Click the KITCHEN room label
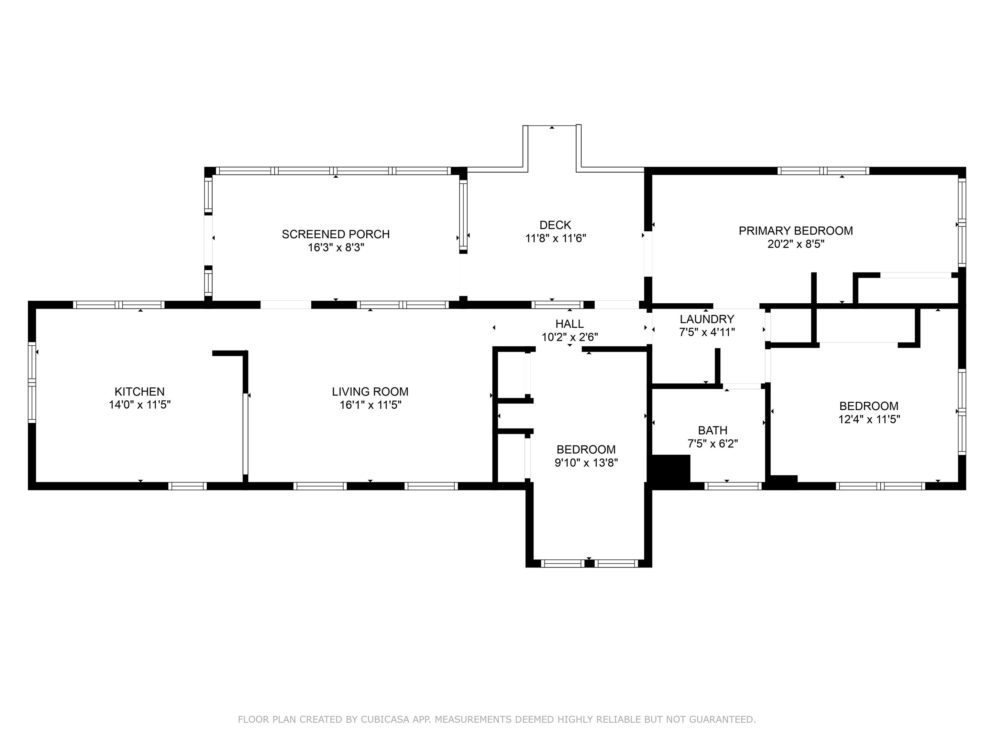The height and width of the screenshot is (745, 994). (139, 392)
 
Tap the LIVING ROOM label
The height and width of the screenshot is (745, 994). (370, 392)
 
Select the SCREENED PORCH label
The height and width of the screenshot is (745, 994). (336, 234)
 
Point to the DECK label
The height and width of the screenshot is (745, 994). (556, 225)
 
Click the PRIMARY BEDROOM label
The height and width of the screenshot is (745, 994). (796, 231)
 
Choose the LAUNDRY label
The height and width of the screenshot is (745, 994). (707, 319)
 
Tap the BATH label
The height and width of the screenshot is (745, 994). (713, 430)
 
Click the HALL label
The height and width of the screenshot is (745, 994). (570, 324)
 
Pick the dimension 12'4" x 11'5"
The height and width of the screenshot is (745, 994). (869, 419)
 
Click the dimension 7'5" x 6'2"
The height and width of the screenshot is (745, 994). (713, 444)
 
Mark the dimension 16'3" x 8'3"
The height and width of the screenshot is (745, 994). (336, 247)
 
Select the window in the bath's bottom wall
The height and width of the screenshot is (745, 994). (733, 486)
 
